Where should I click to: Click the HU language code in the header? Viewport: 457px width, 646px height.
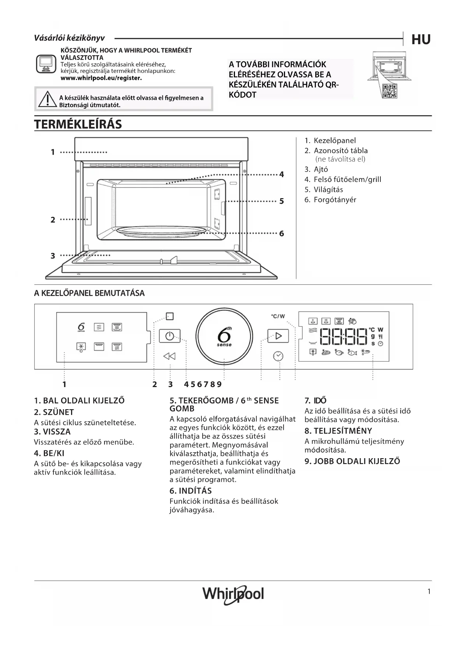point(421,39)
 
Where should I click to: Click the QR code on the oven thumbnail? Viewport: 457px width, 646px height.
point(389,91)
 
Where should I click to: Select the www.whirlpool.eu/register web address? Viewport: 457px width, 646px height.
point(101,78)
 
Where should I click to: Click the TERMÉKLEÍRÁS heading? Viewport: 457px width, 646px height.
point(78,124)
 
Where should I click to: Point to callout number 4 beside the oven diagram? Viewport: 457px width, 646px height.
point(281,175)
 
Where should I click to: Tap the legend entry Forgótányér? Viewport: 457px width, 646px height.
point(335,200)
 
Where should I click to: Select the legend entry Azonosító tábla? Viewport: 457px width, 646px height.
point(340,150)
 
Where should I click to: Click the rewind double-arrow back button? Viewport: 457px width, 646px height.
point(169,356)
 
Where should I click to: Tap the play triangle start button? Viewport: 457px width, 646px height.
point(278,336)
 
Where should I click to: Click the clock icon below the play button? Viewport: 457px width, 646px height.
point(278,356)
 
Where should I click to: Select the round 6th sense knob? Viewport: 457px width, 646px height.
point(224,336)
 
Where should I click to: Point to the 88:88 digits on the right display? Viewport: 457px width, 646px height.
point(344,336)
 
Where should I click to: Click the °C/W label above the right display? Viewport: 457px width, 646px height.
point(278,316)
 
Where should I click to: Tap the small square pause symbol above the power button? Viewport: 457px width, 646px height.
point(169,316)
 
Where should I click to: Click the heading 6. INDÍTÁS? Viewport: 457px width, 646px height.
point(190,491)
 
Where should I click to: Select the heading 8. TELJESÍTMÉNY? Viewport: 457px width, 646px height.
point(338,431)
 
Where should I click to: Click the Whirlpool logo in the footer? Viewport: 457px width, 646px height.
point(233,594)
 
